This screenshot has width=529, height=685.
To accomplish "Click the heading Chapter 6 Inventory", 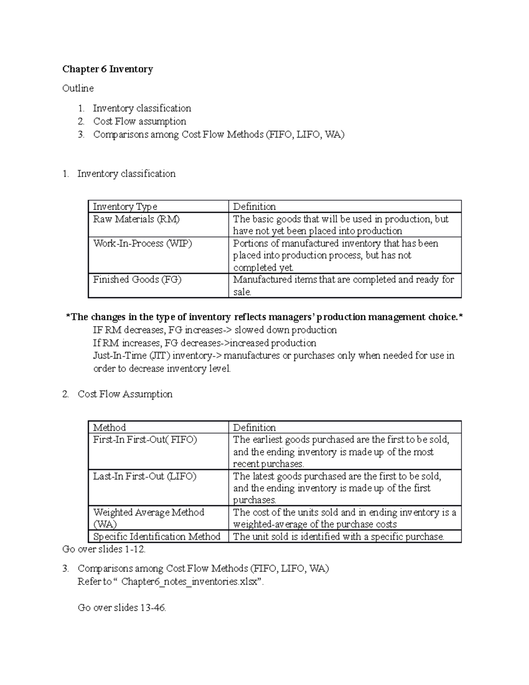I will click(x=108, y=69).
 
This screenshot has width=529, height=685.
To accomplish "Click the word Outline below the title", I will click(x=78, y=88).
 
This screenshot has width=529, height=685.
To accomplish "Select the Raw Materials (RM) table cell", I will click(x=136, y=219).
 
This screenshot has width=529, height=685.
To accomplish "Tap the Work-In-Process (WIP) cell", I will click(x=142, y=243).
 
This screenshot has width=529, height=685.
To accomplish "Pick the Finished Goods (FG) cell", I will click(x=137, y=280).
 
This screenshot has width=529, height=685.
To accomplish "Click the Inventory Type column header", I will click(x=125, y=206).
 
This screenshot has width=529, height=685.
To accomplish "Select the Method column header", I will click(x=109, y=427).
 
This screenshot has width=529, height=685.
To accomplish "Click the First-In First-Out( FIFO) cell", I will click(x=145, y=440).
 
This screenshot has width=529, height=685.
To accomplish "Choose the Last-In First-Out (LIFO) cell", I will click(x=145, y=476).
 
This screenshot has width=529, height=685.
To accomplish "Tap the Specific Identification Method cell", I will click(x=156, y=536).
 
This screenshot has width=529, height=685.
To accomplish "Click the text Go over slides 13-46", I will click(x=122, y=607).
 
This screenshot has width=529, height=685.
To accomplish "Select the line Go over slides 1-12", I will click(x=104, y=549).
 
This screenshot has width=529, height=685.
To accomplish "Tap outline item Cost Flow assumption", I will click(x=139, y=121).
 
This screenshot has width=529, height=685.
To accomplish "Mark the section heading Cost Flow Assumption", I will click(x=125, y=394).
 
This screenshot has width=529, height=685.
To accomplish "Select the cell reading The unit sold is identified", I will click(x=338, y=536).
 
